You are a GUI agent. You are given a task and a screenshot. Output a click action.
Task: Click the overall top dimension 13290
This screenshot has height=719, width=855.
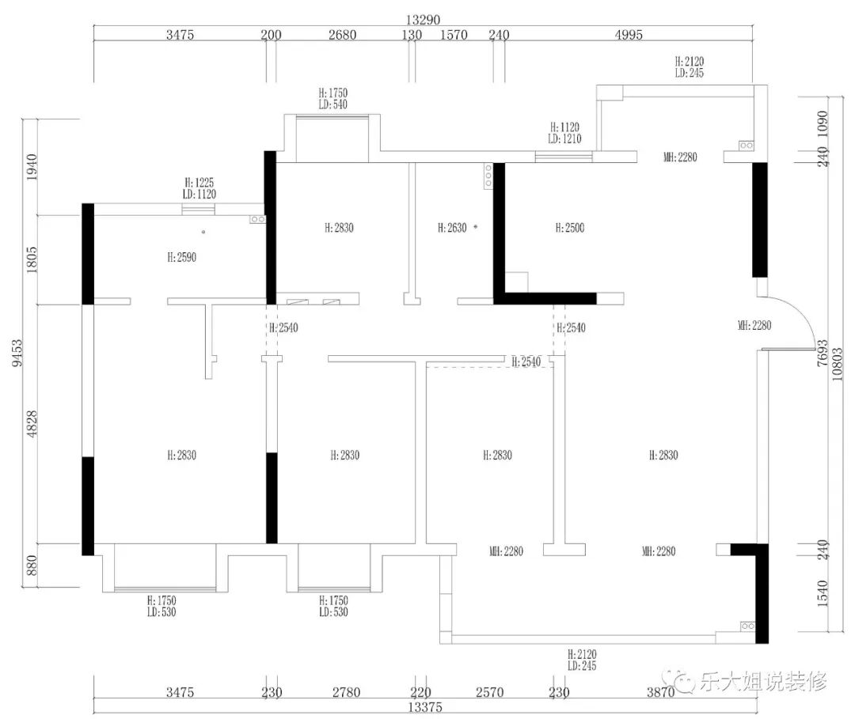coord(423,20)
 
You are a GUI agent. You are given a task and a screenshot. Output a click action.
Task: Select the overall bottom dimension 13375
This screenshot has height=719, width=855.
coord(425,707)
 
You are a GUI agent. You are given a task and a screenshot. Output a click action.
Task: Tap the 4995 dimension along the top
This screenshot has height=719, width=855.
coord(629,34)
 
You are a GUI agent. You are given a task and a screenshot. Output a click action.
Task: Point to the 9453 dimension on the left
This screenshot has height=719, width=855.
coord(17,353)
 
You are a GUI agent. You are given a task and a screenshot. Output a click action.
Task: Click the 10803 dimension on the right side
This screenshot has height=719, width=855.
coord(837,364)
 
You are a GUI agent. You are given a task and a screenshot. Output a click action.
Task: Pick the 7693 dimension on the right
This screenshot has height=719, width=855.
coord(823,353)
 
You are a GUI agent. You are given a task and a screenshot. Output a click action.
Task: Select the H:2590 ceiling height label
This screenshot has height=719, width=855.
coord(181,257)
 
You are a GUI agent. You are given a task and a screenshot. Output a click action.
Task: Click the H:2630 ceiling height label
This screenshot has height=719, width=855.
coord(452,228)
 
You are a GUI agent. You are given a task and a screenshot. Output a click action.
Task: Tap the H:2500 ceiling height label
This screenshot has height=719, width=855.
coord(570,228)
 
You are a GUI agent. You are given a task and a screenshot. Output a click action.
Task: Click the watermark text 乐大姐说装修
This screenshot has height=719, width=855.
coord(763,681)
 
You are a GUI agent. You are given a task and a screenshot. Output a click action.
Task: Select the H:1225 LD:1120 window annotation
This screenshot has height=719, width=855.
coord(199,188)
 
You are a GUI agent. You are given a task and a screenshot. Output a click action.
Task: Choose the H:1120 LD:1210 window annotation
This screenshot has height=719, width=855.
coord(565,133)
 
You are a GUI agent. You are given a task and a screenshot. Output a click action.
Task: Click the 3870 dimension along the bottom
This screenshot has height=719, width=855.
coord(661,692)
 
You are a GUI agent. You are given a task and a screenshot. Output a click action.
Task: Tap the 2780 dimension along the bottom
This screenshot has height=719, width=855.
coord(346,692)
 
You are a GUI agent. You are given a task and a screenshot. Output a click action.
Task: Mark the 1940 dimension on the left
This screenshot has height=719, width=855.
coord(32,167)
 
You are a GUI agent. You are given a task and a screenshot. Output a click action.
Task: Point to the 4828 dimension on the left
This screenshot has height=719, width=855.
coord(32,424)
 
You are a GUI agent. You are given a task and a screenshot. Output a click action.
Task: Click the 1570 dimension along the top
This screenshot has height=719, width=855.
coord(454,34)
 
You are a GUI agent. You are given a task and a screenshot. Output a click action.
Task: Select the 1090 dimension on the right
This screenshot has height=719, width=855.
coord(823,123)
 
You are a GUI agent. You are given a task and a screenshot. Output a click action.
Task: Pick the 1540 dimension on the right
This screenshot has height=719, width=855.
coord(823,594)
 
